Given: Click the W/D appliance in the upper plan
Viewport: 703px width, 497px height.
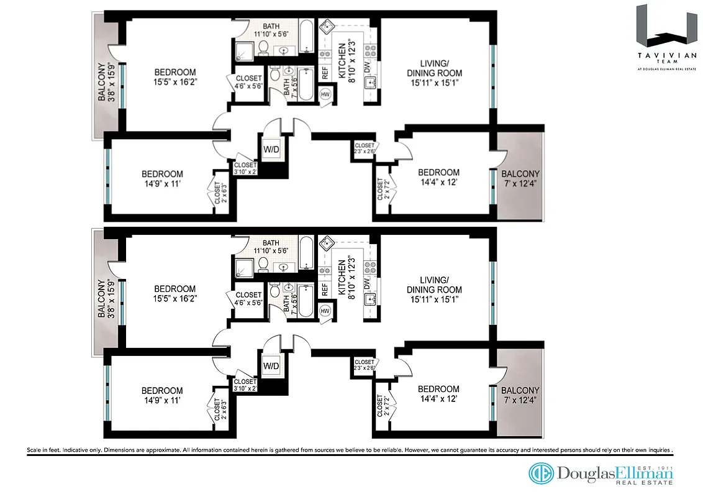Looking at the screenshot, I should point(271,150).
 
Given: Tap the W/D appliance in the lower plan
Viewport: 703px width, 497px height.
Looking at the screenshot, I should point(271,365).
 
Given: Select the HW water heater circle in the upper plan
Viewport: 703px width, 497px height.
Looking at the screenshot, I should point(325,94).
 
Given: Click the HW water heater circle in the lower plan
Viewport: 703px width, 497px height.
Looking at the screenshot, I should point(325,310).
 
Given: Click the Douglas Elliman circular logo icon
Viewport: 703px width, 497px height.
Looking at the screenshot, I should point(541,473).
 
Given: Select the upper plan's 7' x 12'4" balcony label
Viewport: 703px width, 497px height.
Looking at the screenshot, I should point(520,178).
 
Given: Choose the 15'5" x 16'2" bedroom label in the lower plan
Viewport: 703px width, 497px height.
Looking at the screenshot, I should point(175,294).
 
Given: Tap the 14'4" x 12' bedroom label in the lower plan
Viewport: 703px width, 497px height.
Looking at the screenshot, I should point(438,394).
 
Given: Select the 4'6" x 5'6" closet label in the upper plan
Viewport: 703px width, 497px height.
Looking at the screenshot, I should point(248,83).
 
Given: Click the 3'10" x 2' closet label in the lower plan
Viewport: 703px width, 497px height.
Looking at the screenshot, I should point(245,385).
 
